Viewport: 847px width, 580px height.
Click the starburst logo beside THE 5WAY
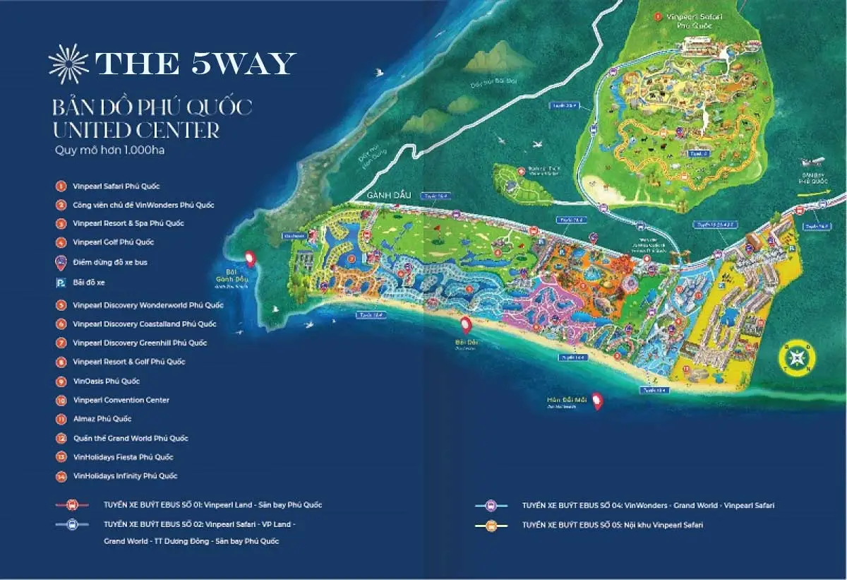click(x=68, y=64)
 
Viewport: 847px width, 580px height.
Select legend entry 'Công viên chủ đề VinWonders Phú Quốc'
click(x=143, y=205)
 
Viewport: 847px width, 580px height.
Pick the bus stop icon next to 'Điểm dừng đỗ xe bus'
click(x=61, y=262)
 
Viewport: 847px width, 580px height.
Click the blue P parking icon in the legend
click(x=61, y=283)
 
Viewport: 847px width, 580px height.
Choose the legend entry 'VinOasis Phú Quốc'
click(x=107, y=381)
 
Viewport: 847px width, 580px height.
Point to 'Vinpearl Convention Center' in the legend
click(x=121, y=400)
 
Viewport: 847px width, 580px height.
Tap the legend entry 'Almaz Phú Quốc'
click(x=102, y=419)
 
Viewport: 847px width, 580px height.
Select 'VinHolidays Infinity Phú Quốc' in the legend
click(x=125, y=476)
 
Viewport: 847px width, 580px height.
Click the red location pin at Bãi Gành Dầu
click(x=250, y=259)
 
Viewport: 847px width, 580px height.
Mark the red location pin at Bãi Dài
click(x=466, y=325)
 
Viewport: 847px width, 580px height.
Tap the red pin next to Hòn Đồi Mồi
click(x=597, y=401)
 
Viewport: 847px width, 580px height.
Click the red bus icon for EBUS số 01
click(x=72, y=505)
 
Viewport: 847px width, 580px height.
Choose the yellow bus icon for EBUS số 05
click(x=493, y=526)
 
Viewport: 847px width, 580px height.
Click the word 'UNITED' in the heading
click(x=90, y=130)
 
